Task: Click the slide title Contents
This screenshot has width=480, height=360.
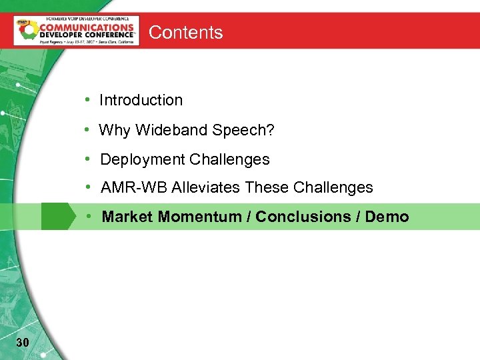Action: click(185, 32)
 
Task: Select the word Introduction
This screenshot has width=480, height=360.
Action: click(141, 100)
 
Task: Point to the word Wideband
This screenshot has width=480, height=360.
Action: click(171, 130)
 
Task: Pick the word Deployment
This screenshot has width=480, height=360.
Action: click(143, 160)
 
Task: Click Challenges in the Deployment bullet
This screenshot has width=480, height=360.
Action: click(229, 160)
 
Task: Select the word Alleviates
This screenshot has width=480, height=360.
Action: click(206, 188)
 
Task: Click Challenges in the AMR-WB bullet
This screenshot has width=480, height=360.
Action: click(333, 188)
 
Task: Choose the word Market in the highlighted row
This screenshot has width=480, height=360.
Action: click(127, 217)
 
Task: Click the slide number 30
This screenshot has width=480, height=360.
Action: click(22, 343)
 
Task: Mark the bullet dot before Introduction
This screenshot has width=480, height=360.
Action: click(87, 100)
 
